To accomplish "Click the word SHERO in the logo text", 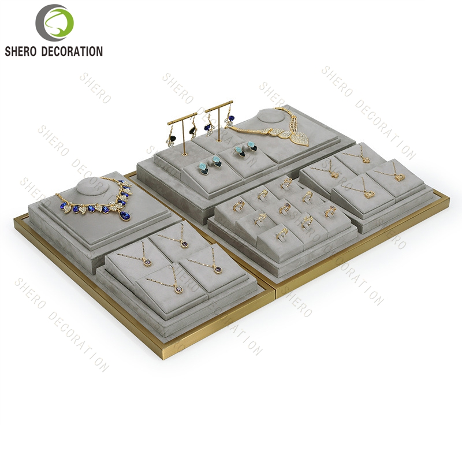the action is coord(20,51).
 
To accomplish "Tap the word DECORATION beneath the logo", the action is coord(72,51).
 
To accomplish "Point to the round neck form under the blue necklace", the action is coord(92,187).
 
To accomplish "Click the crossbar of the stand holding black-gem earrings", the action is coord(182,118).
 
